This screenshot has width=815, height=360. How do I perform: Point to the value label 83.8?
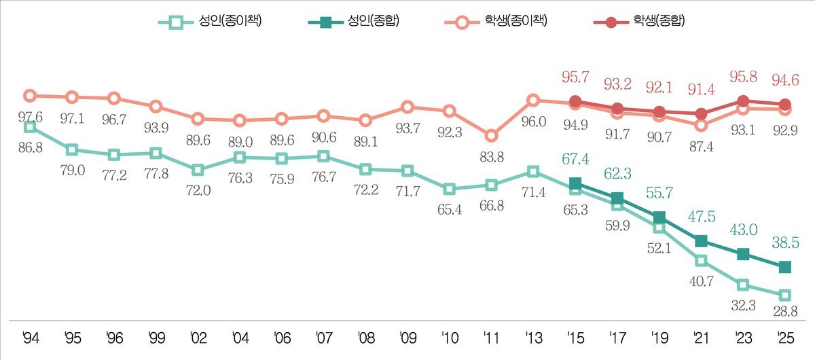[x=492, y=158]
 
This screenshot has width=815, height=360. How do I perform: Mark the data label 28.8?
[x=786, y=310]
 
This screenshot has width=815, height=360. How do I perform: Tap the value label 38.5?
[x=785, y=241]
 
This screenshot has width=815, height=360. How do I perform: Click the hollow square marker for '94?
[x=29, y=126]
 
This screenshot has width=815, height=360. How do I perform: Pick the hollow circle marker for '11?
[x=492, y=136]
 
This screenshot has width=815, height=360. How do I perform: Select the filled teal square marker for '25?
[x=785, y=267]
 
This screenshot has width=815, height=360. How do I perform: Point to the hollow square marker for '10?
[x=450, y=189]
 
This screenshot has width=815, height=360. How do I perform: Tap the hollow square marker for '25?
[x=785, y=295]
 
